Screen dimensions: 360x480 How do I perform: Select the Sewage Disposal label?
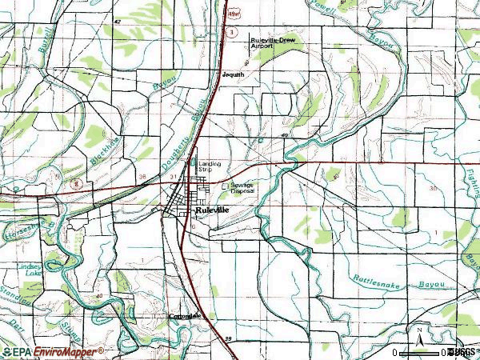click(x=242, y=189)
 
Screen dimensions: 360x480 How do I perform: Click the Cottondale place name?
click(x=185, y=316)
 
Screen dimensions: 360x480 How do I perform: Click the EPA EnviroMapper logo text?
click(x=52, y=351)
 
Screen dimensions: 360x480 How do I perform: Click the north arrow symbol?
click(x=418, y=334)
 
